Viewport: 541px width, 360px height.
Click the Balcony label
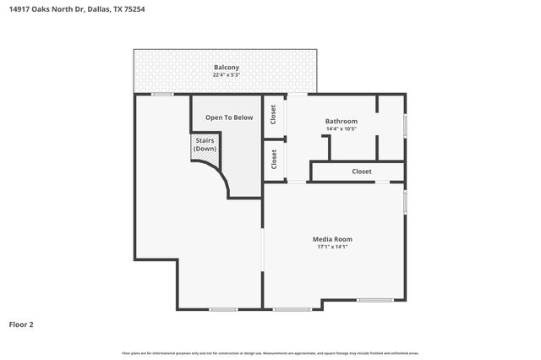(226, 67)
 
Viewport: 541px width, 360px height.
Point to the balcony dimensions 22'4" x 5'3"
(226, 75)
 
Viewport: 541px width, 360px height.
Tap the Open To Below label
(229, 117)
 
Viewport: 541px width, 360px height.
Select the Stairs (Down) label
(205, 145)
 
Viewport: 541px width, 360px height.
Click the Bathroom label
(342, 121)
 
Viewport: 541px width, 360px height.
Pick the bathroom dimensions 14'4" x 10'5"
(342, 129)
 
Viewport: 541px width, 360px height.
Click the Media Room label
(332, 238)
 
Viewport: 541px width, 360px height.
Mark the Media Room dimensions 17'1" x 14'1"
(332, 247)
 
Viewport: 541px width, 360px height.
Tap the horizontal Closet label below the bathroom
(362, 172)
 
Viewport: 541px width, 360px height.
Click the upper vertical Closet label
(273, 114)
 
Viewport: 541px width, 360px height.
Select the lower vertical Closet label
(273, 160)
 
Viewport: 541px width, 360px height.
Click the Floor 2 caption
(21, 325)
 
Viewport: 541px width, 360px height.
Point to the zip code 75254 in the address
(130, 10)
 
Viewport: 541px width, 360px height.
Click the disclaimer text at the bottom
(270, 352)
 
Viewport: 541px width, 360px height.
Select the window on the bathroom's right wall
(406, 124)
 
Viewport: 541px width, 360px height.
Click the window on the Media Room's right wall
(406, 201)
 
